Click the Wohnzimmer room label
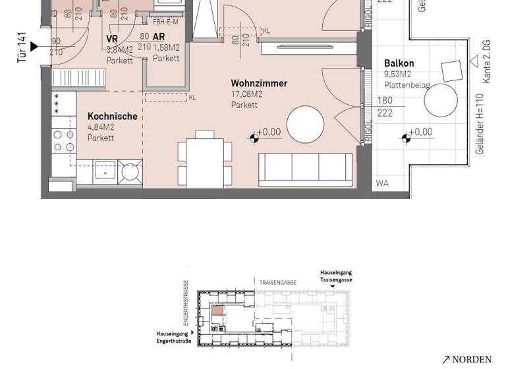click(258, 84)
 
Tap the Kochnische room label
click(112, 117)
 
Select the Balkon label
click(399, 64)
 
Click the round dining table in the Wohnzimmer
click(305, 124)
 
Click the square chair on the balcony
click(452, 71)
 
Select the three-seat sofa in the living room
click(296, 168)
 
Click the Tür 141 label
click(22, 47)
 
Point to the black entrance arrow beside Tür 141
click(34, 47)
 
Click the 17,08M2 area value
click(246, 94)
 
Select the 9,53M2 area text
click(397, 74)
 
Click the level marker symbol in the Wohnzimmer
click(254, 138)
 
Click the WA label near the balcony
click(382, 184)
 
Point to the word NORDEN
click(471, 360)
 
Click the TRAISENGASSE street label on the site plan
click(277, 283)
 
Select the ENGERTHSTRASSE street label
click(186, 300)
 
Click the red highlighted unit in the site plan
click(217, 311)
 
